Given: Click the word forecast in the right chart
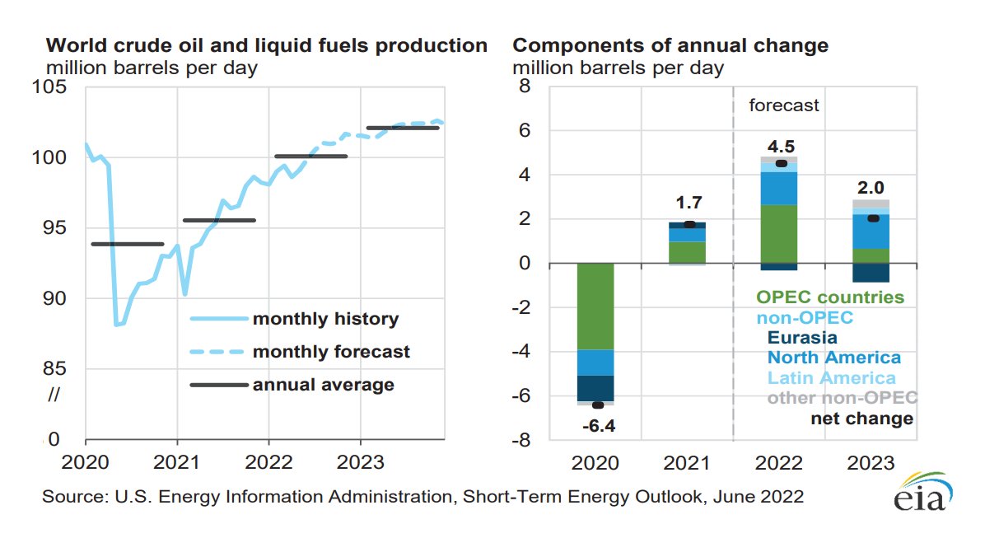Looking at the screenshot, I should pos(783,105).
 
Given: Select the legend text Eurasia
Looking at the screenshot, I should pos(801,337).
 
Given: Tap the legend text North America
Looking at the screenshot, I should pos(833,358).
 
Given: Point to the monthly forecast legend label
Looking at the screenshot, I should pos(331,352).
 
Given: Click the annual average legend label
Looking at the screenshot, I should pos(324,385).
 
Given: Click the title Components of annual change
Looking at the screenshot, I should pos(671,45).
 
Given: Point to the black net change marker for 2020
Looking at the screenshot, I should pos(598,405).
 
